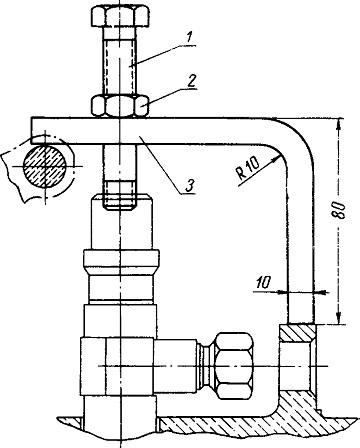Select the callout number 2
[x=191, y=82]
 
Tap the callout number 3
[x=189, y=185]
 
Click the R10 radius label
[x=248, y=169]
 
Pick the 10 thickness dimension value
[x=263, y=283]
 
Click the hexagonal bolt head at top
[x=120, y=16]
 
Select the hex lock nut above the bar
[x=120, y=106]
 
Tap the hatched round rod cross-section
[x=44, y=165]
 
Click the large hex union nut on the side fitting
[x=234, y=366]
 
